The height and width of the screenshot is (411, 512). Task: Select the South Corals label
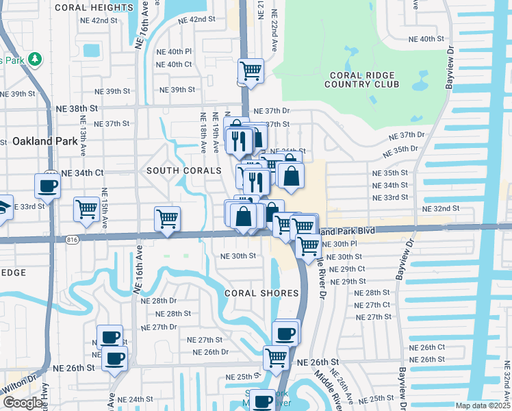pyautogui.click(x=184, y=170)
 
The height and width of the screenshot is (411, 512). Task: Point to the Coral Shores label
pyautogui.click(x=262, y=293)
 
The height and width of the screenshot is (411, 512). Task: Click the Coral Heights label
pyautogui.click(x=93, y=8)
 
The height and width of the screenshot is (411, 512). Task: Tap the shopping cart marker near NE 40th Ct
pyautogui.click(x=251, y=71)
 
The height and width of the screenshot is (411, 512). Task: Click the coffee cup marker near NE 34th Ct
pyautogui.click(x=47, y=186)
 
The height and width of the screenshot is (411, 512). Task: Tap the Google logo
pyautogui.click(x=23, y=403)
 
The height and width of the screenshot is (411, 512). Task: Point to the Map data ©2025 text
pyautogui.click(x=483, y=406)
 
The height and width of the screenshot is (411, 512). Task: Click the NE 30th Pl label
pyautogui.click(x=344, y=244)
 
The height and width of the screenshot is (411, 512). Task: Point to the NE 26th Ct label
pyautogui.click(x=427, y=347)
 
